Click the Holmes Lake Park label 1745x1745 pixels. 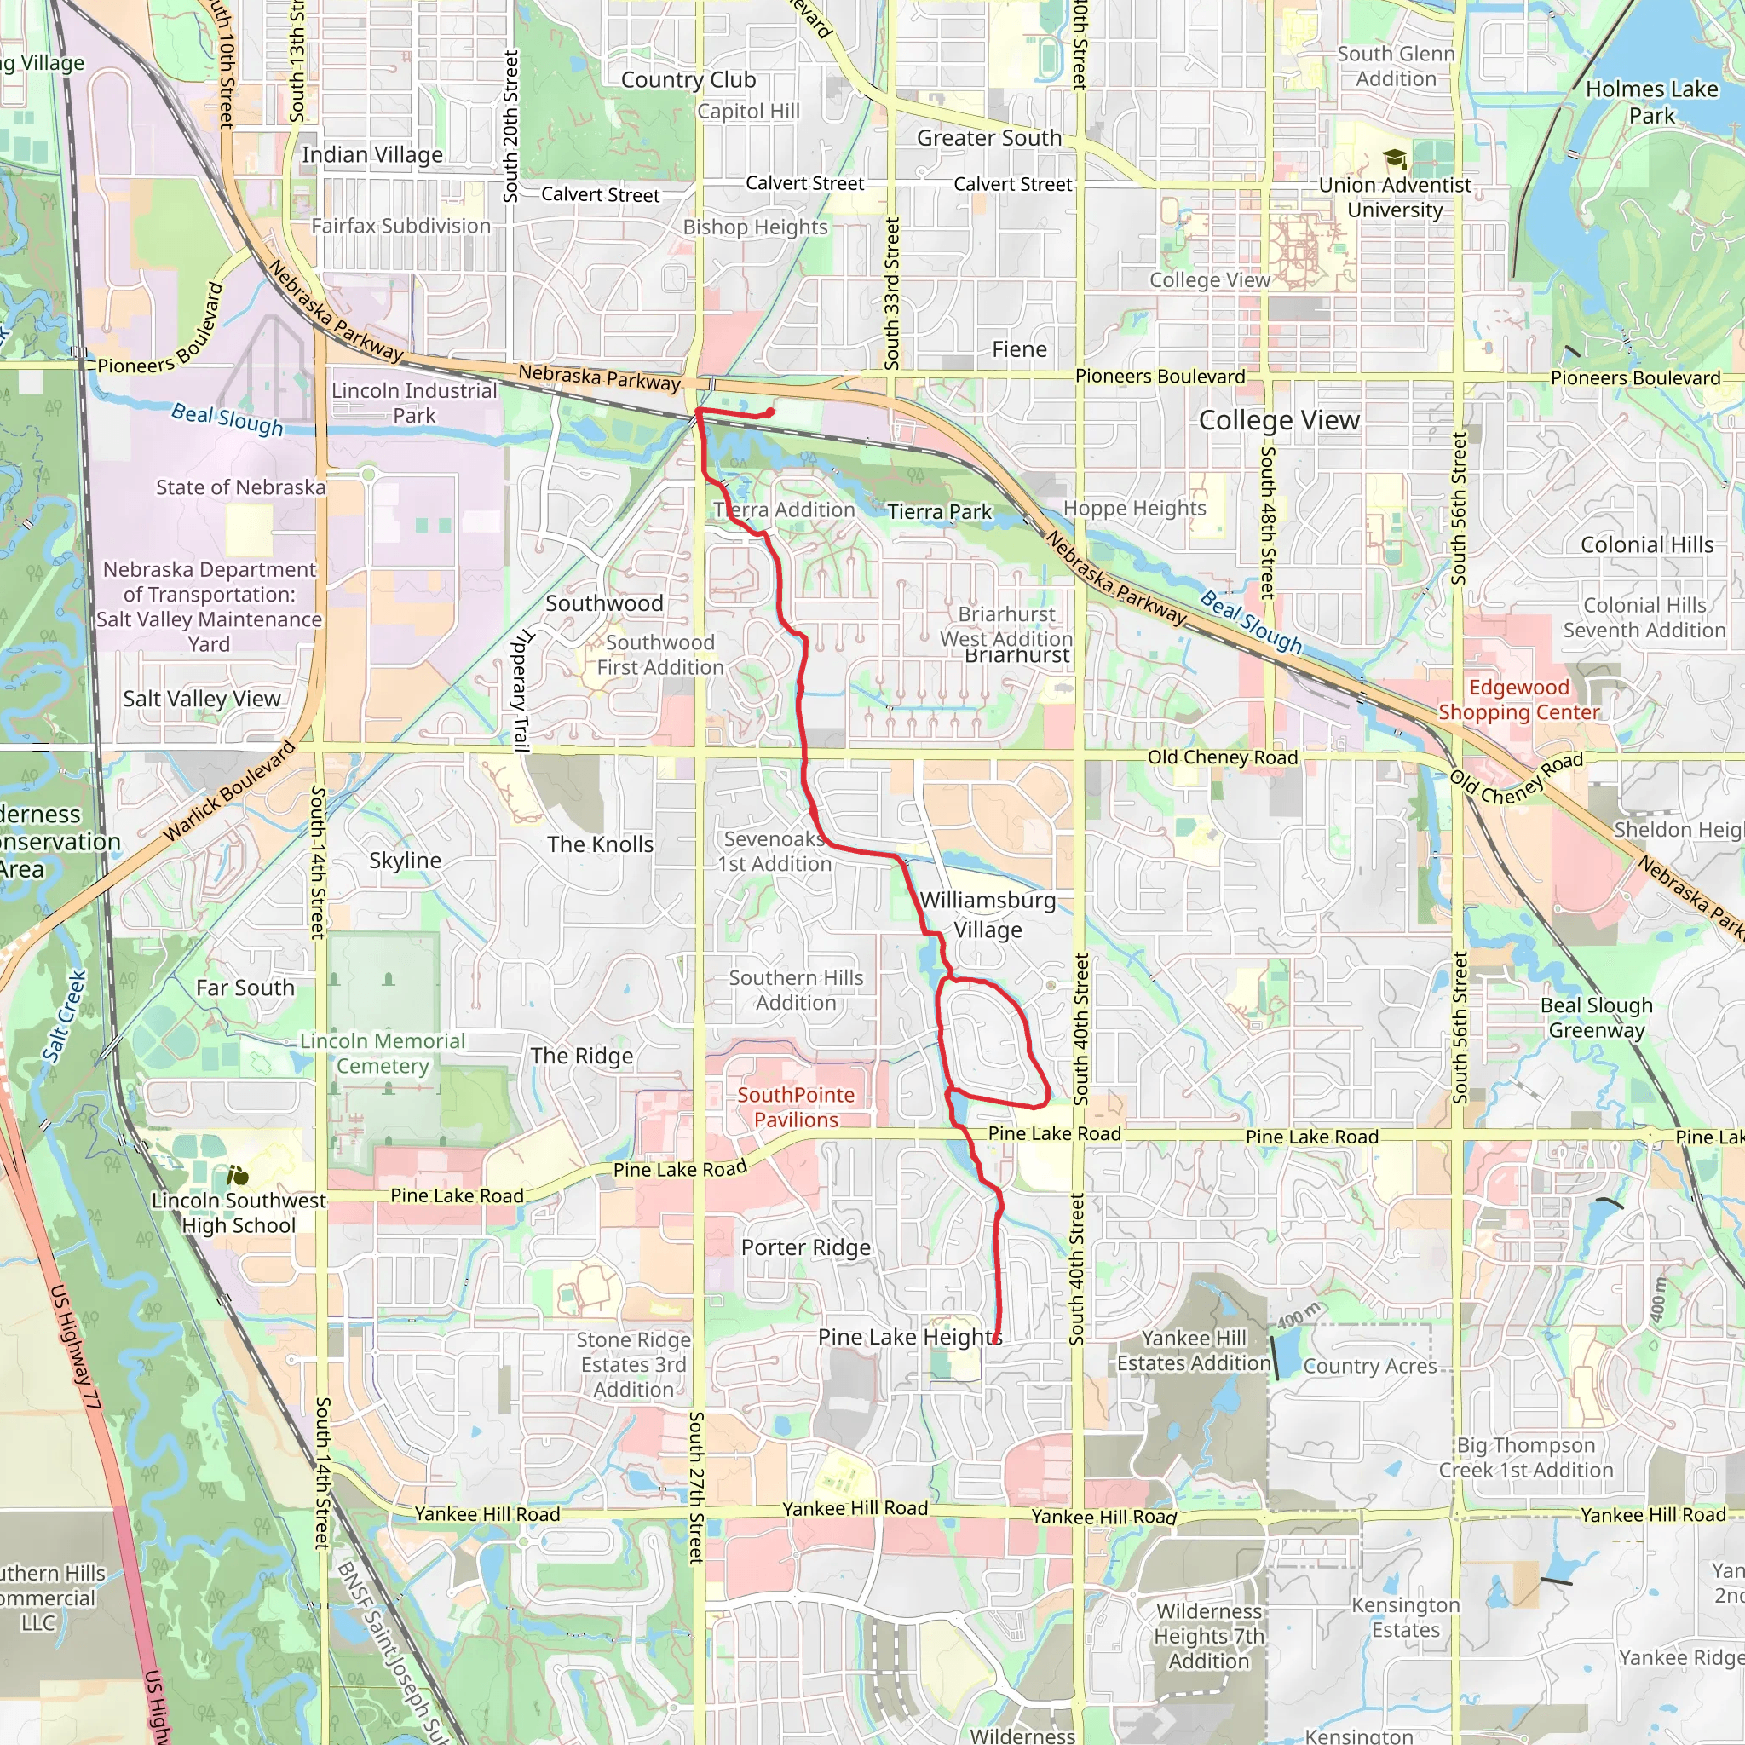(1651, 102)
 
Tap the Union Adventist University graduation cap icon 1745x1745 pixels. (1396, 160)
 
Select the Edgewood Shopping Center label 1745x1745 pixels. (1518, 700)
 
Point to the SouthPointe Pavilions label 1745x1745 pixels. (796, 1108)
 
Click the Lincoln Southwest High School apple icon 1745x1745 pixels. (238, 1175)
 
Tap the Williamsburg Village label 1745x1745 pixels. (988, 914)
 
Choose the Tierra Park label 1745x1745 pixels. (938, 512)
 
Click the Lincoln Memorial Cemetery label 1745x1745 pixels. (382, 1053)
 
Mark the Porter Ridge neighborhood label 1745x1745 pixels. (806, 1247)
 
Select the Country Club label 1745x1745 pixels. (688, 80)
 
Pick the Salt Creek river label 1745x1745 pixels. (65, 1016)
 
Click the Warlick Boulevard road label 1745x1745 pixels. (229, 792)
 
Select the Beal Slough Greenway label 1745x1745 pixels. (1596, 1017)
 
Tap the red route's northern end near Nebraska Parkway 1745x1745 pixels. (769, 412)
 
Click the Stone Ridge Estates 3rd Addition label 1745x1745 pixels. (633, 1365)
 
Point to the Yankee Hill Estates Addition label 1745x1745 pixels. (1193, 1351)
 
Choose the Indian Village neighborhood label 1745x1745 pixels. (372, 154)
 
